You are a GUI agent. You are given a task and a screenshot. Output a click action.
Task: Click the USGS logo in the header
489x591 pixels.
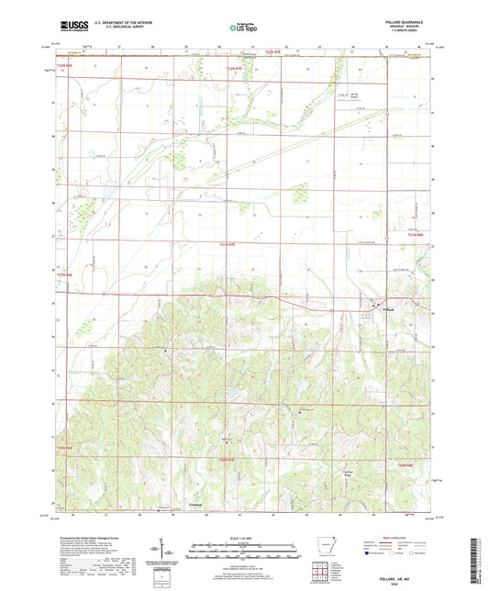(73, 27)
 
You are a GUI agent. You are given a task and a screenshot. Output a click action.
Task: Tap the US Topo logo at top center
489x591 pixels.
(239, 28)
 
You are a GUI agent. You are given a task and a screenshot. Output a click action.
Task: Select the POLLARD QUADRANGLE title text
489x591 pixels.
(409, 21)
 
